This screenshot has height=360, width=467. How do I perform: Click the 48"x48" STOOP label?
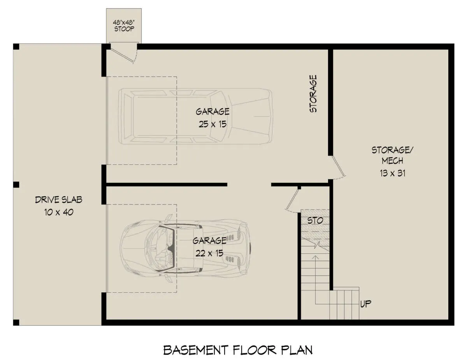[124, 26]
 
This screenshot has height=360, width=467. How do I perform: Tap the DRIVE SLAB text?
[59, 200]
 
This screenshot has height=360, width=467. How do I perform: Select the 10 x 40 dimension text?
[59, 212]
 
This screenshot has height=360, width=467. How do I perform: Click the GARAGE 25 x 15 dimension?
[212, 124]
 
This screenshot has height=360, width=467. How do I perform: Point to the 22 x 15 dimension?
[209, 253]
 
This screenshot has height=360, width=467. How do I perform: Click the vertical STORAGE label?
[313, 93]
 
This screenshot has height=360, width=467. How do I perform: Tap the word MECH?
[392, 161]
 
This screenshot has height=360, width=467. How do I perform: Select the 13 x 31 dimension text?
[392, 173]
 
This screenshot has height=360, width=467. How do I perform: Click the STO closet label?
[315, 220]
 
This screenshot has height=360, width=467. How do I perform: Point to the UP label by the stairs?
[365, 304]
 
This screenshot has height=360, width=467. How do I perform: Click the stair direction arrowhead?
[315, 257]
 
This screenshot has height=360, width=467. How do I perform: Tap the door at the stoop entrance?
[123, 55]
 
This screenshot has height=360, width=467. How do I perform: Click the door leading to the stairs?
[293, 200]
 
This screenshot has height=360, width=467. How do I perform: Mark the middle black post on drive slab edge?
[16, 185]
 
